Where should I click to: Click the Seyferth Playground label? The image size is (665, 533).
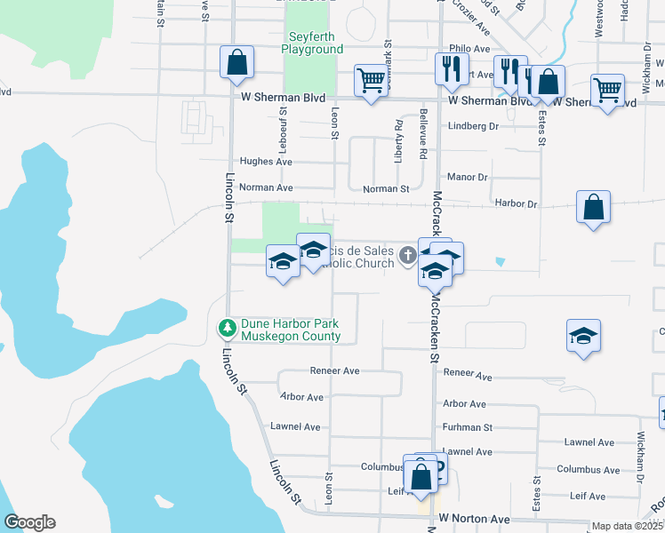(312, 44)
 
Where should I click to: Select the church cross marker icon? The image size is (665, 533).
(407, 257)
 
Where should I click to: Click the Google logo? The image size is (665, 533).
(29, 522)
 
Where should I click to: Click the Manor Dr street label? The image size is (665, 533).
(468, 178)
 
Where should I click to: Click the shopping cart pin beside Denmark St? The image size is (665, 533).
(371, 80)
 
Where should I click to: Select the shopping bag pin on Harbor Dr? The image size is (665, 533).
(593, 207)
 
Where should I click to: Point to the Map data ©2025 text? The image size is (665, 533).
(627, 526)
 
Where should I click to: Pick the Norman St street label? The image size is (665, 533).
(386, 188)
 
